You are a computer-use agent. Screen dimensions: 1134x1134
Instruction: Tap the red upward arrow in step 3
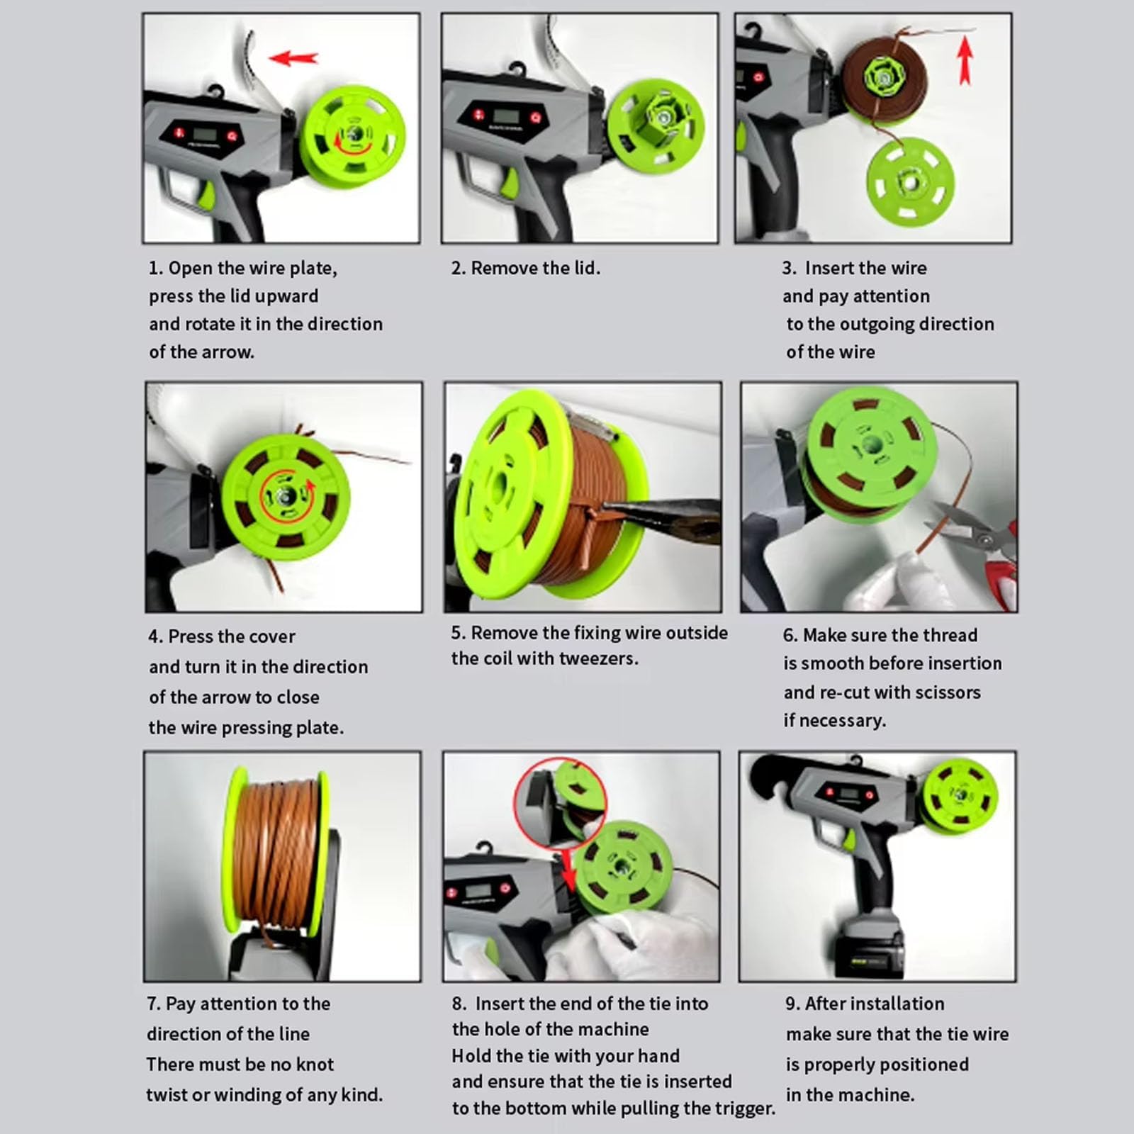(965, 61)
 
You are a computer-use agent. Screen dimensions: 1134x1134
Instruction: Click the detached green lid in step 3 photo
(910, 181)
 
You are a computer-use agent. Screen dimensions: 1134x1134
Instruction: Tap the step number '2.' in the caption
(459, 268)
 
